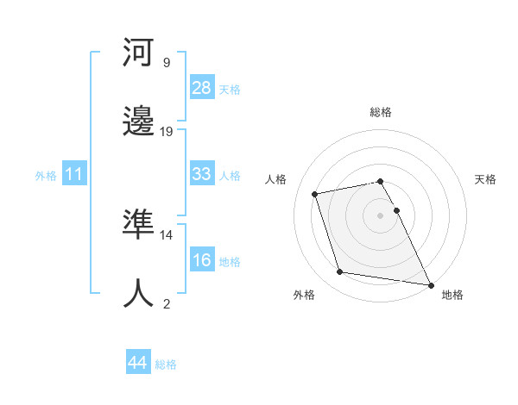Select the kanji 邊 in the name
coord(139,121)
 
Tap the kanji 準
coord(139,224)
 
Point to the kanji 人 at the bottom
coord(139,293)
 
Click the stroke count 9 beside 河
coord(166,62)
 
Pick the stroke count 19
coord(167,131)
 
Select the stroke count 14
coord(167,234)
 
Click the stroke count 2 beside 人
coord(166,303)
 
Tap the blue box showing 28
coord(201,88)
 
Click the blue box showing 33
coord(201,174)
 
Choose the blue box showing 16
coord(201,260)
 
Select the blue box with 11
coord(74,174)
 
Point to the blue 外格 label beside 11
coord(46,175)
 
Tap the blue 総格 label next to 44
coord(166,364)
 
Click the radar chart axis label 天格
coord(486,179)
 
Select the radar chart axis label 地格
coord(452,296)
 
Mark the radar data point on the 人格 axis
coord(315,193)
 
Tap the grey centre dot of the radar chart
coord(380,215)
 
